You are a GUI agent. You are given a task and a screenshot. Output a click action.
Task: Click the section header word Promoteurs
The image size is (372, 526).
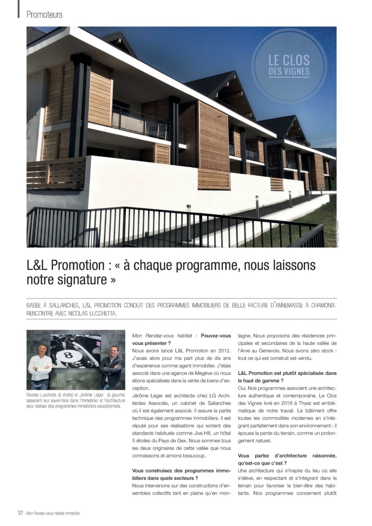coord(44,15)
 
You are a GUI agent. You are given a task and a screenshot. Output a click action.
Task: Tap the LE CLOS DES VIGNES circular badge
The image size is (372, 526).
coord(289,65)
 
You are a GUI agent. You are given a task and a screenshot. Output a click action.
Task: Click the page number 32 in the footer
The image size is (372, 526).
coord(20,513)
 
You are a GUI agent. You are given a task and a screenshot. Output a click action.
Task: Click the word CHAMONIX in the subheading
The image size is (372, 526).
coord(322,305)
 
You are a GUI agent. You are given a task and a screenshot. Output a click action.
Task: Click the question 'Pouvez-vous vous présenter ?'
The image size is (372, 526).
coord(182,339)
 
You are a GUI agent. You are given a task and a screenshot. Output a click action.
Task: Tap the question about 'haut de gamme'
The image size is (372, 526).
coord(287,377)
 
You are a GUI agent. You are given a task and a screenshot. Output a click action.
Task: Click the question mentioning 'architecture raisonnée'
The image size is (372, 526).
coord(287,459)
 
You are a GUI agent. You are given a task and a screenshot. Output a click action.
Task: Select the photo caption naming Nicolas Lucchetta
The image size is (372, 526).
coord(76,400)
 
